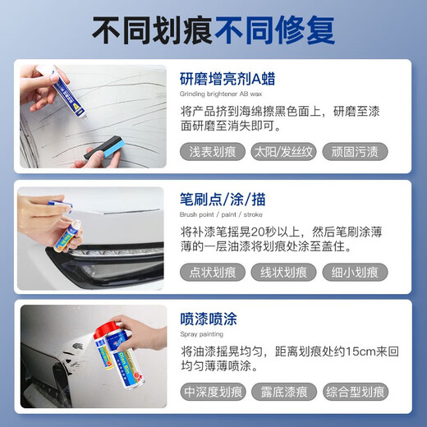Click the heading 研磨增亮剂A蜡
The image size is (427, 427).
tap(227, 80)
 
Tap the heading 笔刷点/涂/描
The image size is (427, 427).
tap(223, 200)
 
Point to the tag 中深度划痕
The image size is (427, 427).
tap(213, 392)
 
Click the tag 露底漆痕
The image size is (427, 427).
tap(283, 392)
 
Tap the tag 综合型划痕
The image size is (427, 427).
tap(354, 392)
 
